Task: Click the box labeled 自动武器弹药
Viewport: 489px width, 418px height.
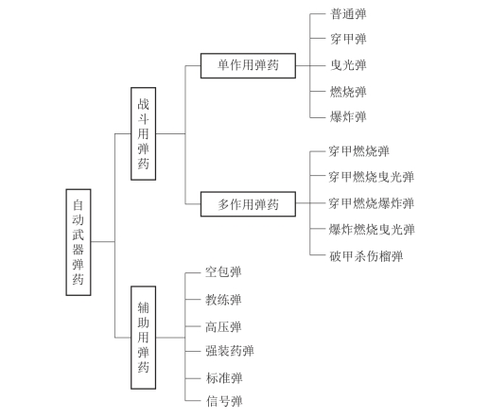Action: (79, 242)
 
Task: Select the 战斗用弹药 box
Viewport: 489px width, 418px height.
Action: (143, 133)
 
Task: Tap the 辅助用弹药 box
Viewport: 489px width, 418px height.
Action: (143, 338)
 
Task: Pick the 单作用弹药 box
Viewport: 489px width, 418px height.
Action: (248, 65)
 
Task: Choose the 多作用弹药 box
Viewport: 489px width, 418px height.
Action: (248, 204)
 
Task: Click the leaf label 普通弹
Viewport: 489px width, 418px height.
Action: (348, 14)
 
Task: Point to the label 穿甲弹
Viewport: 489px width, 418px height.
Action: (348, 39)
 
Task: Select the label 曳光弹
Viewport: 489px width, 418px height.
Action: (348, 65)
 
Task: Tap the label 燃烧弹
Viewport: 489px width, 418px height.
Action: (348, 92)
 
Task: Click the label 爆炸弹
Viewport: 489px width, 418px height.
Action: (348, 116)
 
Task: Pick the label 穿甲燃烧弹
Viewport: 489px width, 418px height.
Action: (359, 151)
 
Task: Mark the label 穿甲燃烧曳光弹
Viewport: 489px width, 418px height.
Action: (372, 177)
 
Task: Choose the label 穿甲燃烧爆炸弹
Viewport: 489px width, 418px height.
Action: (372, 203)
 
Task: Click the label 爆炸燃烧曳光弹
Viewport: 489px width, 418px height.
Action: (372, 230)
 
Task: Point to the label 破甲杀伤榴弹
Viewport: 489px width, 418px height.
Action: (366, 256)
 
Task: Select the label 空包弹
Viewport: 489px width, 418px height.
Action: (223, 272)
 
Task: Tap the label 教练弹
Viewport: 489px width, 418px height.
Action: (223, 300)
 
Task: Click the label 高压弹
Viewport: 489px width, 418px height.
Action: (223, 327)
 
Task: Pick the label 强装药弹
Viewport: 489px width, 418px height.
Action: (230, 351)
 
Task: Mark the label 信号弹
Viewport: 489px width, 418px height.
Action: (224, 401)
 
